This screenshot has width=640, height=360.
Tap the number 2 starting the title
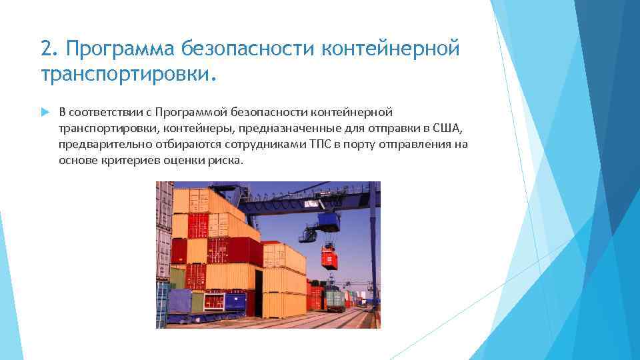[x=46, y=49]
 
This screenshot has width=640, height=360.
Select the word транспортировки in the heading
[x=125, y=74]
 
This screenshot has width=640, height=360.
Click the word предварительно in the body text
[x=99, y=144]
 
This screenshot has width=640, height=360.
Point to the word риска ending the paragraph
[x=227, y=161]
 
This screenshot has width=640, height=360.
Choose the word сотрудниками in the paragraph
[x=271, y=144]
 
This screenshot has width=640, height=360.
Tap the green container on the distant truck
[x=335, y=298]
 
